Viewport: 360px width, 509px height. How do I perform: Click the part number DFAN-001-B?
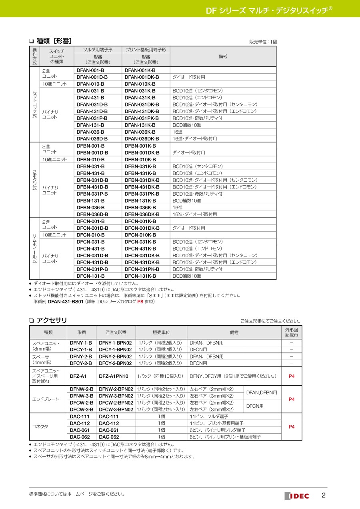pos(90,70)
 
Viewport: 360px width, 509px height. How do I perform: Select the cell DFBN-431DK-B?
pos(142,187)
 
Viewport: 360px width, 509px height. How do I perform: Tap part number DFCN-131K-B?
pos(140,276)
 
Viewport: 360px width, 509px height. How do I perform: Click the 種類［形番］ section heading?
pos(54,41)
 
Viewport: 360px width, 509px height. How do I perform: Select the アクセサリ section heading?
pos(51,320)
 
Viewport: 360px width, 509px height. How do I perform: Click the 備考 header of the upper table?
pos(223,56)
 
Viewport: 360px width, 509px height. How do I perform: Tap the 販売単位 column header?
pos(161,333)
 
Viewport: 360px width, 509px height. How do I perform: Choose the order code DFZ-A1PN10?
pos(114,376)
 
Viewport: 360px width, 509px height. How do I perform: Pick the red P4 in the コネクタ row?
pos(292,427)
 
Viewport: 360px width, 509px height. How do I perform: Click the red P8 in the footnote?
pos(140,302)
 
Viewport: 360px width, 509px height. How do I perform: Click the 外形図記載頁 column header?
pos(292,333)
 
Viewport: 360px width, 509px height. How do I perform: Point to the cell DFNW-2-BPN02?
pos(116,389)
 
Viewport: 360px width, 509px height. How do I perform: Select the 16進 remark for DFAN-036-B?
pos(178,132)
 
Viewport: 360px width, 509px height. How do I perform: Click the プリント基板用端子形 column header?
pos(146,50)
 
